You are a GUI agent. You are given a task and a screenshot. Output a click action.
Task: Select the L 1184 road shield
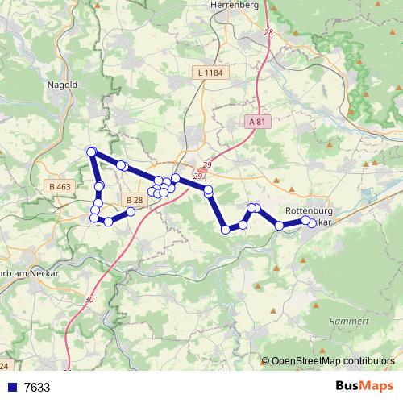coord(209,73)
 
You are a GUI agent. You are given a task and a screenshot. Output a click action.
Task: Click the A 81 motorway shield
coord(257,121)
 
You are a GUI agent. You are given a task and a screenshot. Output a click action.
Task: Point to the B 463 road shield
coord(60,186)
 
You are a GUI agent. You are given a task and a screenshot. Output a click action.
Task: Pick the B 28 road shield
coord(134,200)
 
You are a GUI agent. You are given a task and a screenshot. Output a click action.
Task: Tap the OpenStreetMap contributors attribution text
coord(333,361)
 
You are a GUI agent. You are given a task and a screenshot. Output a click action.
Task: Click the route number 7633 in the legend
coord(37,387)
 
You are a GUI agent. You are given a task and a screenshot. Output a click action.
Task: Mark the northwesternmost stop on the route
coord(91,152)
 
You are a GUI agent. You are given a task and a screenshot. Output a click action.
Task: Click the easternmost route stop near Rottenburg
coord(313,223)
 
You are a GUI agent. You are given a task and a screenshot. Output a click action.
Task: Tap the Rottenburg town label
coord(310,210)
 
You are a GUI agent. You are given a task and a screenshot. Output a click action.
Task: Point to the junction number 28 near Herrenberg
coord(268,31)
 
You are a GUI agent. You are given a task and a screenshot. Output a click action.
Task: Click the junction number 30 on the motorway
coord(89,299)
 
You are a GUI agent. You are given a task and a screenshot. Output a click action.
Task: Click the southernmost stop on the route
coord(226,230)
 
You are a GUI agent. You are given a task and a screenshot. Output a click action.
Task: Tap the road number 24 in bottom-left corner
coord(4,367)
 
